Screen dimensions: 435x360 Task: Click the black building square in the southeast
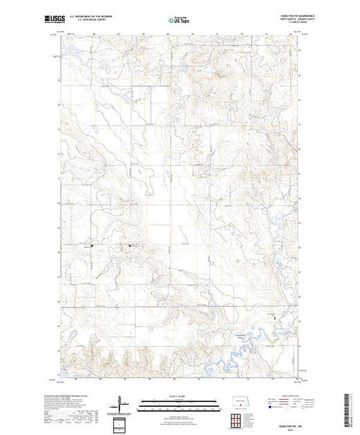278,318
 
